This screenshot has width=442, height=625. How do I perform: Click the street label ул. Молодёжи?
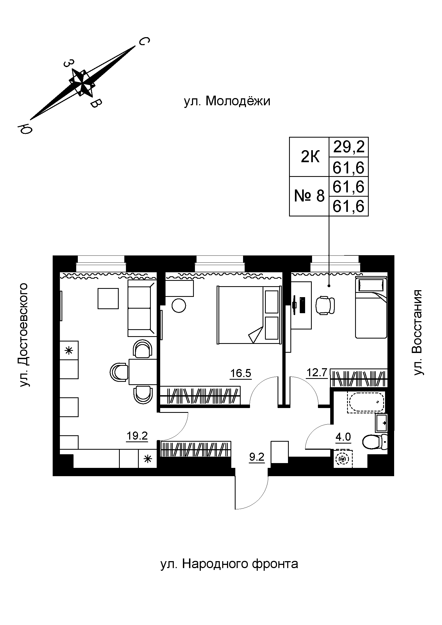(x=227, y=101)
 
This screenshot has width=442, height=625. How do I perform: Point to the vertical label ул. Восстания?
(x=417, y=333)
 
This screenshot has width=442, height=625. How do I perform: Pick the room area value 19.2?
(x=137, y=436)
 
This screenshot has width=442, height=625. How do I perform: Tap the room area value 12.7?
(x=317, y=372)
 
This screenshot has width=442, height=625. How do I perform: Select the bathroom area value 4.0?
(x=343, y=437)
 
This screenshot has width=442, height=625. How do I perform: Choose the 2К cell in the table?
(x=310, y=157)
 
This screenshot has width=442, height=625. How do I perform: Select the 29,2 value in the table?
(x=349, y=147)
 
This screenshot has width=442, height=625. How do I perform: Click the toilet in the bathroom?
(x=375, y=441)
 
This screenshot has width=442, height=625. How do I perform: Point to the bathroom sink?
(x=381, y=423)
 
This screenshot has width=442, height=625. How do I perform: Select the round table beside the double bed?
(x=179, y=305)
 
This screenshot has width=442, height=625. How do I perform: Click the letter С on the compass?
(x=144, y=41)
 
